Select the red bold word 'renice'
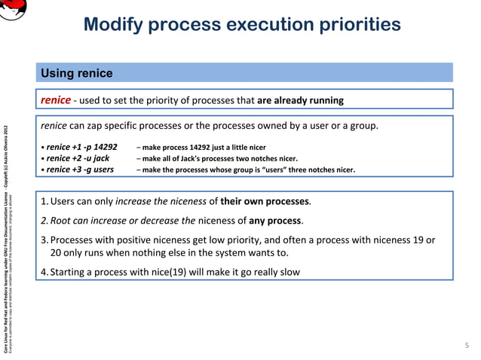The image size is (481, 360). (x=56, y=99)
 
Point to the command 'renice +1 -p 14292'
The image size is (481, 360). (x=82, y=147)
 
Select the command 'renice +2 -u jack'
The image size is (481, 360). (x=78, y=158)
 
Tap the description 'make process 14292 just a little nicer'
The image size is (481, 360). (x=204, y=148)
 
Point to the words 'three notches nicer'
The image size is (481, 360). (x=320, y=170)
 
